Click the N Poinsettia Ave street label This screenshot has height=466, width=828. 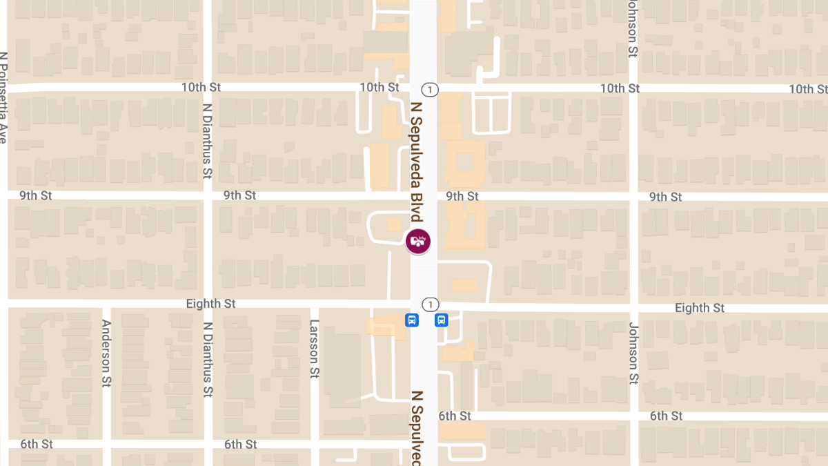(3, 97)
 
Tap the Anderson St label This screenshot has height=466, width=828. (106, 353)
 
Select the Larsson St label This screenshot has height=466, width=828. (315, 349)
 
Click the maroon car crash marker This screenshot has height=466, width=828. (417, 241)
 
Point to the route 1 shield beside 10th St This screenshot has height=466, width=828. (430, 89)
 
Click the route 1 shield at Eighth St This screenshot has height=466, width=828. (430, 304)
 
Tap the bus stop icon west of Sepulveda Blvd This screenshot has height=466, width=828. (412, 320)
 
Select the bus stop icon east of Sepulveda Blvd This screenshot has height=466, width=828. (441, 320)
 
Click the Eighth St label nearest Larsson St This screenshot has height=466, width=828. (210, 304)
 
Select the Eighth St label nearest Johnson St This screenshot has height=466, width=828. (700, 308)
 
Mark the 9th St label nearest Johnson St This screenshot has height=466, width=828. (665, 197)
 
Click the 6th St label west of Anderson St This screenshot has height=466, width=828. (36, 443)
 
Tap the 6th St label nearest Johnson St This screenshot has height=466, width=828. (666, 416)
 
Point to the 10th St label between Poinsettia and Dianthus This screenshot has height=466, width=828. (201, 87)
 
